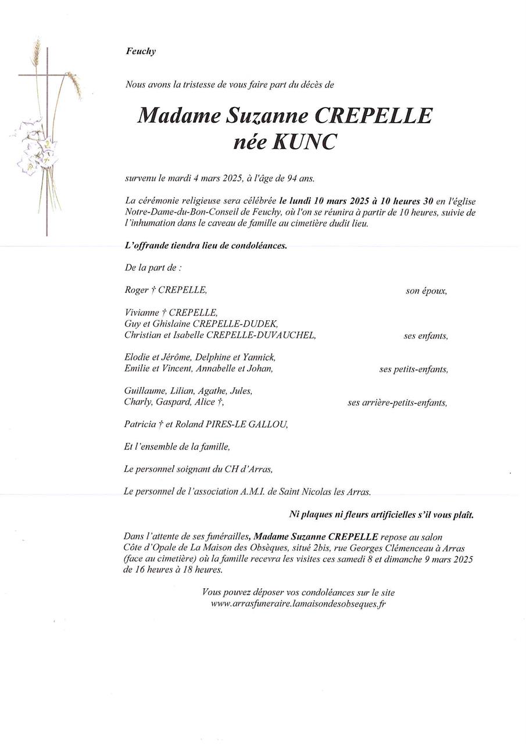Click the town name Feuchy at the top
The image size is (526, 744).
(x=141, y=51)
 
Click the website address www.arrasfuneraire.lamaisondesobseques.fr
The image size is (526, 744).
(x=299, y=604)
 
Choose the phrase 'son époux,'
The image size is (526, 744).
(x=426, y=291)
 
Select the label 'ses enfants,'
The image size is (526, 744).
(x=425, y=335)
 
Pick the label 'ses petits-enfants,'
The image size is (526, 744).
(x=413, y=369)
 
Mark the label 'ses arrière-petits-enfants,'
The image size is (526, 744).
(x=398, y=402)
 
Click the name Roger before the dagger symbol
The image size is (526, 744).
(x=137, y=290)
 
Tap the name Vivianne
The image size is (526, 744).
(x=141, y=313)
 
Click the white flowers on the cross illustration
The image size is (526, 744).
(x=32, y=148)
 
